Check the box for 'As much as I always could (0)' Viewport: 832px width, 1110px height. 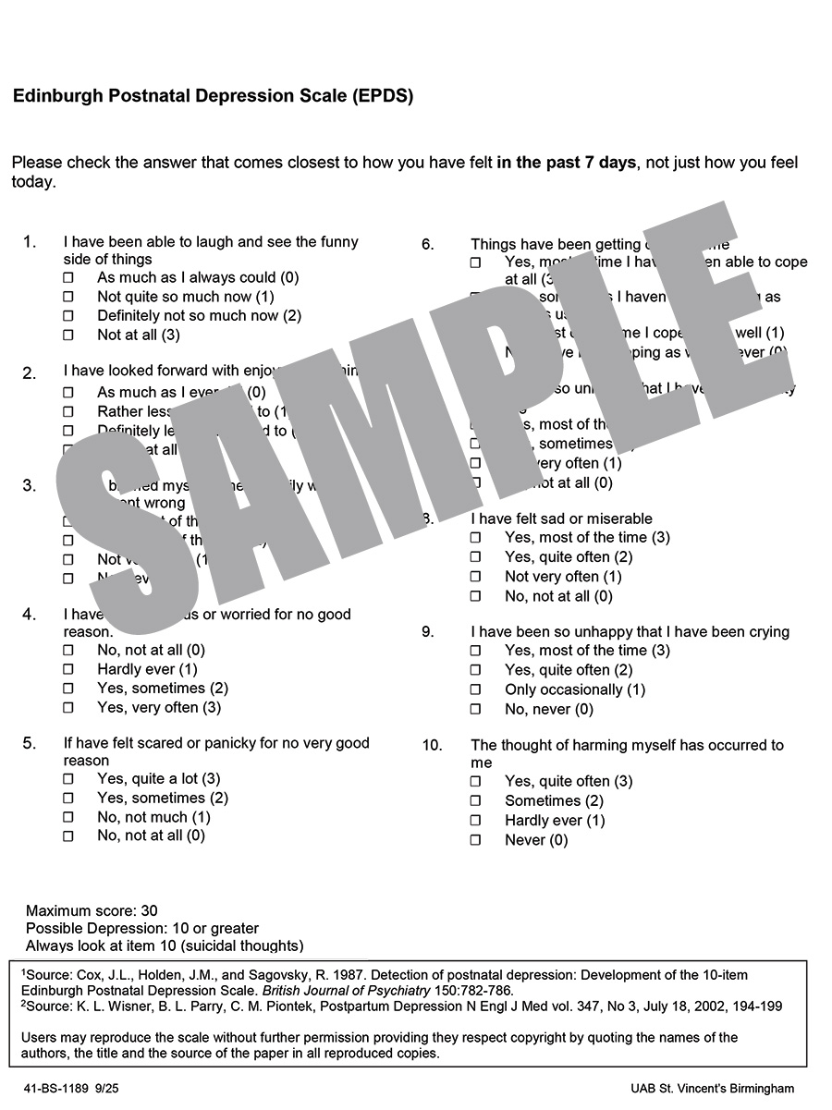coord(67,277)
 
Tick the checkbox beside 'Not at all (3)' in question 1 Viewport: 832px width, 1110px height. coord(67,335)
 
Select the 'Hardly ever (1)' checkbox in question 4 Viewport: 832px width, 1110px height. coord(67,670)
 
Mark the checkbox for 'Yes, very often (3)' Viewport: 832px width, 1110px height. coord(67,709)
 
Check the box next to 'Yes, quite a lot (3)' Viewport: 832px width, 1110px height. coord(67,780)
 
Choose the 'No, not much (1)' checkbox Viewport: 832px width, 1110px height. coord(67,818)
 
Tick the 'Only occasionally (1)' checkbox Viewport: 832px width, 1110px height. coord(475,690)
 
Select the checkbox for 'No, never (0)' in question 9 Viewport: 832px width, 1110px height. coord(475,710)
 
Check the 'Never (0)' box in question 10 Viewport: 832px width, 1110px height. coord(475,841)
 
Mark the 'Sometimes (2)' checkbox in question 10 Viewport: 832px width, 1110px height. coord(475,801)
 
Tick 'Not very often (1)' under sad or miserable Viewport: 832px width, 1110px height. coord(475,577)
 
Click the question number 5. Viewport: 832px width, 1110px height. coord(30,743)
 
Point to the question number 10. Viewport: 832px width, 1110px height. coord(432,746)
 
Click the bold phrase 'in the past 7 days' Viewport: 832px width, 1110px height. coord(566,163)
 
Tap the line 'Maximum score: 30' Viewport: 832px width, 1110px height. coord(92,910)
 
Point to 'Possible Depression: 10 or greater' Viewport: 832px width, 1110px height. coord(142,928)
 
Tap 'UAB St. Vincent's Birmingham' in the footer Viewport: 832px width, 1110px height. coord(712,1089)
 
